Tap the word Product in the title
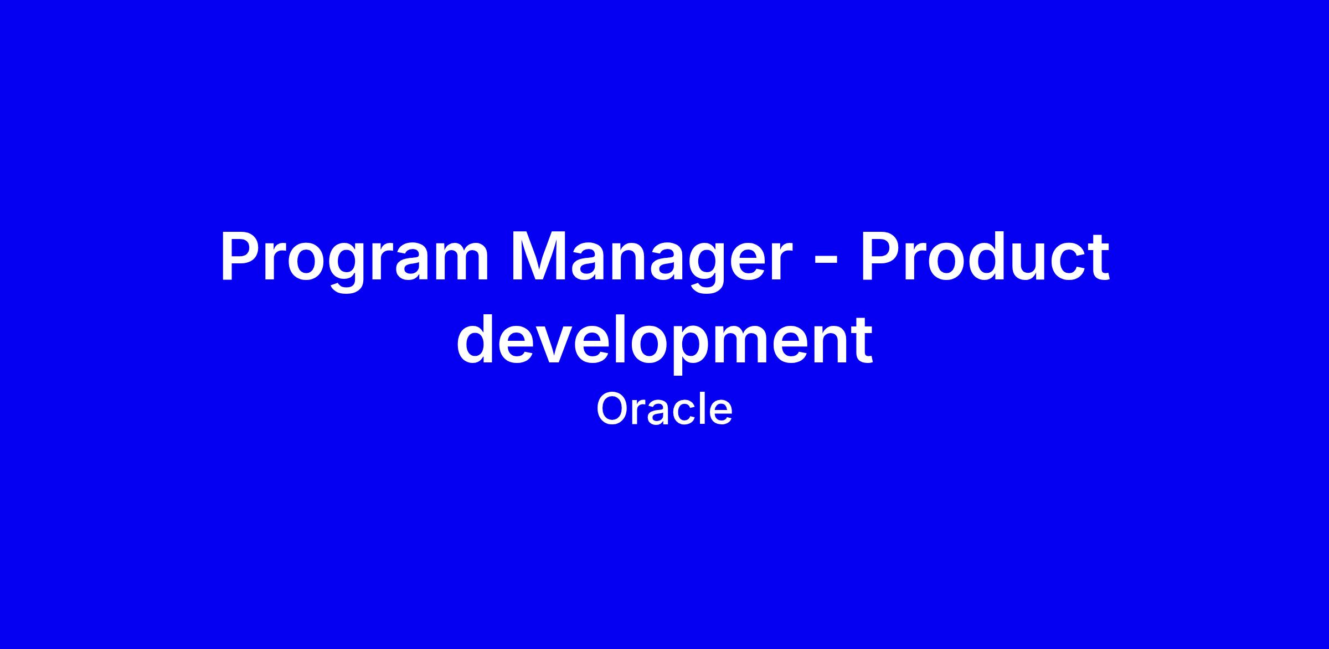984,256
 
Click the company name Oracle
664,409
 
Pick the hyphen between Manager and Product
823,263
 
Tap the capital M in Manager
537,256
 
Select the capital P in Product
879,256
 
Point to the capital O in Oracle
612,409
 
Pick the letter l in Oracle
705,409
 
